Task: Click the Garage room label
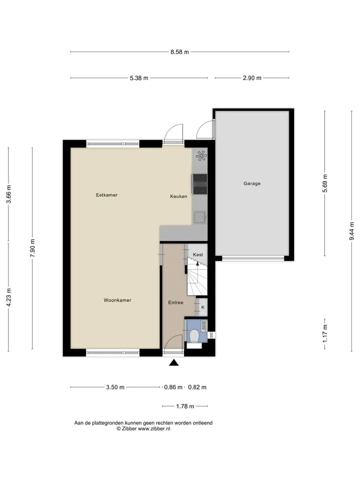coord(252,183)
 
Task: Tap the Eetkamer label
coord(106,194)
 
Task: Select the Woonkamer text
coord(117,300)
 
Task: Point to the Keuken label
coord(178,196)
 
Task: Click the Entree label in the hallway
coord(175,302)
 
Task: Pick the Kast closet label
coord(198,254)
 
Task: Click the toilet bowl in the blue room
coord(194,336)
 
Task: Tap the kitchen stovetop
coord(200,184)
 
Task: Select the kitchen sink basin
coord(199,217)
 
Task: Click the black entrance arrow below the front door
coord(174,363)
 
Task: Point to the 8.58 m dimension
coord(179,52)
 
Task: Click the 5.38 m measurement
coord(139,78)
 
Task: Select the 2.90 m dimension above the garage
coord(252,78)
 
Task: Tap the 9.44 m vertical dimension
coord(351,231)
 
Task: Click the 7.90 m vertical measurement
coord(32,248)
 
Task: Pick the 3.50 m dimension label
coord(115,387)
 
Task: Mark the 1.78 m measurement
coord(185,406)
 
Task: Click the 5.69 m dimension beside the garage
coord(325,183)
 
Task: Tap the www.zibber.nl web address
coord(153,429)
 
